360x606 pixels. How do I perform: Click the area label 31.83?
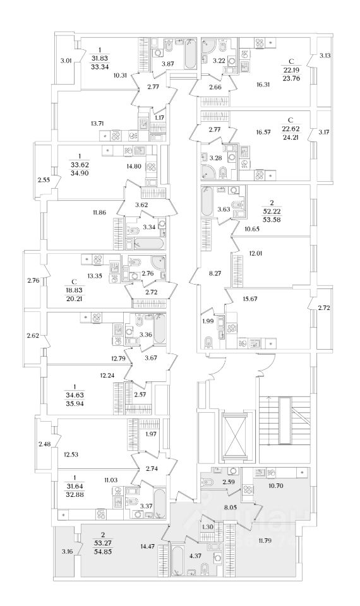pyautogui.click(x=100, y=58)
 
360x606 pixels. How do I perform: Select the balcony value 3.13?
pyautogui.click(x=325, y=56)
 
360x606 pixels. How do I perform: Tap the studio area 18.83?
pyautogui.click(x=74, y=290)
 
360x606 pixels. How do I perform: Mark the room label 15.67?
pyautogui.click(x=251, y=299)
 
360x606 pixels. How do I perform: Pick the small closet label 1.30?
pyautogui.click(x=208, y=526)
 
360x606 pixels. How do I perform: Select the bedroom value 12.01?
pyautogui.click(x=255, y=254)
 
